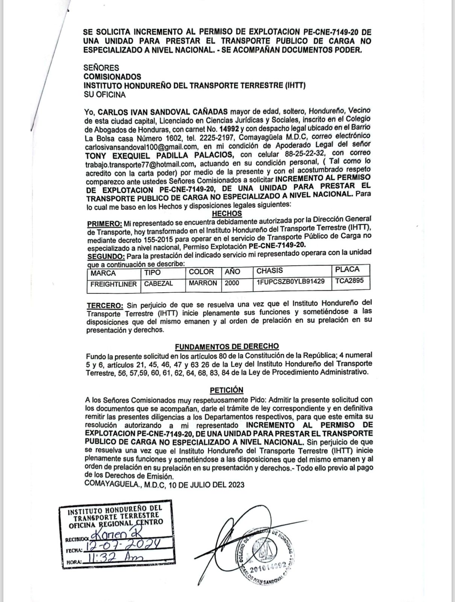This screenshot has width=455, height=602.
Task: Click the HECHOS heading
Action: point(227,213)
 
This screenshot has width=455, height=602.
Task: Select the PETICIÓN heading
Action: point(226,390)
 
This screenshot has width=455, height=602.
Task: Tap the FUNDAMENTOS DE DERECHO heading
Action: point(227,346)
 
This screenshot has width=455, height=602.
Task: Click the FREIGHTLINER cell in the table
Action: point(114,284)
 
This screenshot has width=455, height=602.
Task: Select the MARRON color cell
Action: point(203,283)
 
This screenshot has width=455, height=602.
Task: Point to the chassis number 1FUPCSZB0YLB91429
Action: point(291,282)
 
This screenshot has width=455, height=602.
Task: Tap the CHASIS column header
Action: point(270,271)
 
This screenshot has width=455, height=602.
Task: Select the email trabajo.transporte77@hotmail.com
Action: point(140,164)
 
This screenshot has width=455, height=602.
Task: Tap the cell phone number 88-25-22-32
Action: point(301,155)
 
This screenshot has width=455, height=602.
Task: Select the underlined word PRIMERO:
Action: point(105,223)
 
